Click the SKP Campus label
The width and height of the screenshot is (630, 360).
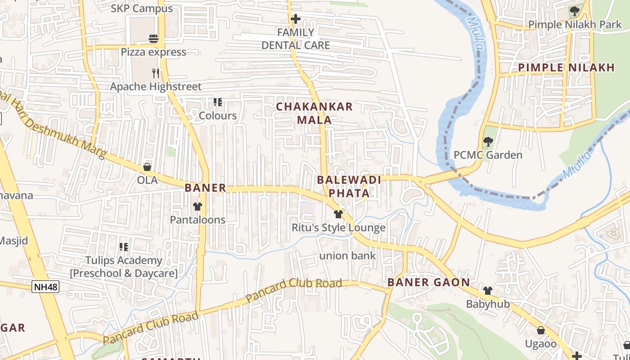tap(142, 9)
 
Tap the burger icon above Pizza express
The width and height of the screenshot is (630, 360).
tap(153, 39)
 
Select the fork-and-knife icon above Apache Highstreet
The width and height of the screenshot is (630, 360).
tap(156, 73)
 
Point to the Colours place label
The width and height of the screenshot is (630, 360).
tap(218, 116)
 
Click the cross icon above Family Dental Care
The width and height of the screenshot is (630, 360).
tap(296, 19)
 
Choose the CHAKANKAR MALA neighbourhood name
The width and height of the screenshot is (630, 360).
tap(315, 113)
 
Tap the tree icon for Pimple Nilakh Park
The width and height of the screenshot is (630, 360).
tap(574, 11)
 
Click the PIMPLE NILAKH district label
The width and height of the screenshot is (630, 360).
tap(566, 68)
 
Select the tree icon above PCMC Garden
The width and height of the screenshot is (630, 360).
tap(488, 142)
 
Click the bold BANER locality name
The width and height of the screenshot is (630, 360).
tap(205, 188)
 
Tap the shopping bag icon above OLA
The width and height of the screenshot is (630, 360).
tap(147, 167)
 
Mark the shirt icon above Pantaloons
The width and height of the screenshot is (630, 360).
tap(198, 207)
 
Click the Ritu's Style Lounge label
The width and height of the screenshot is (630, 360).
tap(338, 228)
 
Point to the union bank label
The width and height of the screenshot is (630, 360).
tap(347, 256)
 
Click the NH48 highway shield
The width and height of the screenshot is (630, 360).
tap(45, 287)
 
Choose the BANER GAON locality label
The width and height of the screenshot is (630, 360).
tap(428, 283)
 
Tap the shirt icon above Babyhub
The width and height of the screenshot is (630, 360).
tap(488, 291)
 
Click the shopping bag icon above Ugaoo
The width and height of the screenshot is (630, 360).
tap(540, 330)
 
